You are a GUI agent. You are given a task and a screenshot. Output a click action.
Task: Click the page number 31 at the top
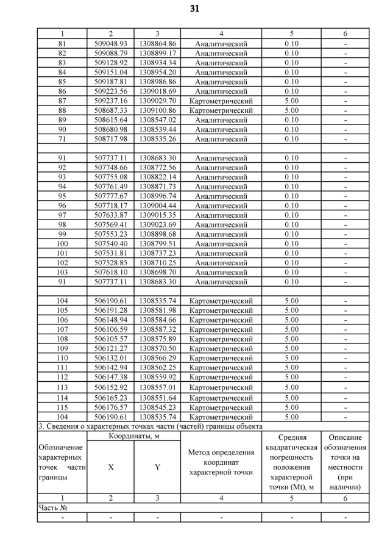point(195,9)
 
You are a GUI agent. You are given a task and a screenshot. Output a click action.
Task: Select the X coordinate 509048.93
point(110,44)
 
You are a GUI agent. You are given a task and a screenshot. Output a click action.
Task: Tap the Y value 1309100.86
point(157,110)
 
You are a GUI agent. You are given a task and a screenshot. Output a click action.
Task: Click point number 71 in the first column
point(62,139)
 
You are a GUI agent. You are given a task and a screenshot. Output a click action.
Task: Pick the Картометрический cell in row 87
point(221,101)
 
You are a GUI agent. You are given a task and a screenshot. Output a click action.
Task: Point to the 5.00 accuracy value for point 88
point(291,110)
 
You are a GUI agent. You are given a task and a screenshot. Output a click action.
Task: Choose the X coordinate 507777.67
point(110,196)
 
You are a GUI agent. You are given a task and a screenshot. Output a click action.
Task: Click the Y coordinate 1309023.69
point(157,224)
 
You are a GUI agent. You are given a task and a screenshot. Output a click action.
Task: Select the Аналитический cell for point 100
point(221,243)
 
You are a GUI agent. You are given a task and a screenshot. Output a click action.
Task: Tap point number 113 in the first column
point(62,387)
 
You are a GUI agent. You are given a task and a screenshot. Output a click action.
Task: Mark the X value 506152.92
point(110,387)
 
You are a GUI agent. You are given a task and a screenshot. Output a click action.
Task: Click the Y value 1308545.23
point(157,407)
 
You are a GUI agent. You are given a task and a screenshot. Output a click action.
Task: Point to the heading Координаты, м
point(134,437)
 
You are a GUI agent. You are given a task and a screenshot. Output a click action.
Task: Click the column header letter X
point(110,467)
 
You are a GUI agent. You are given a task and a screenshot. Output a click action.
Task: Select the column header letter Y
point(157,467)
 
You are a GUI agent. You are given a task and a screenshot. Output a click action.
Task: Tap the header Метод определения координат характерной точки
point(221,462)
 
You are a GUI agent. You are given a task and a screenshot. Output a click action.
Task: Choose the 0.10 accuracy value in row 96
point(291,206)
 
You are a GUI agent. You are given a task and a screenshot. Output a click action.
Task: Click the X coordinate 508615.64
point(110,120)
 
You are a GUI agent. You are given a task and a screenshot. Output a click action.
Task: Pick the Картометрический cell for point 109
point(221,348)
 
